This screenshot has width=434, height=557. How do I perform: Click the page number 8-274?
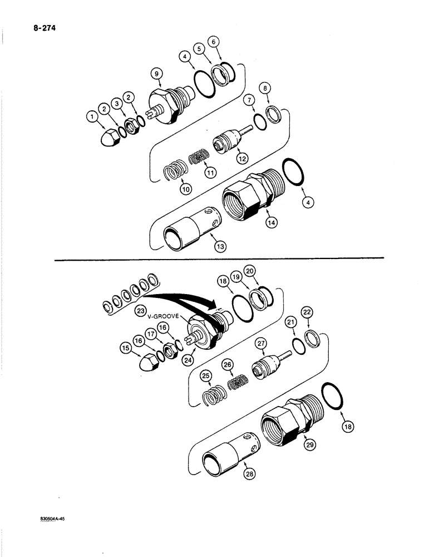(45, 25)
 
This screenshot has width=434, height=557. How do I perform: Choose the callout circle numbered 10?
(186, 188)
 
